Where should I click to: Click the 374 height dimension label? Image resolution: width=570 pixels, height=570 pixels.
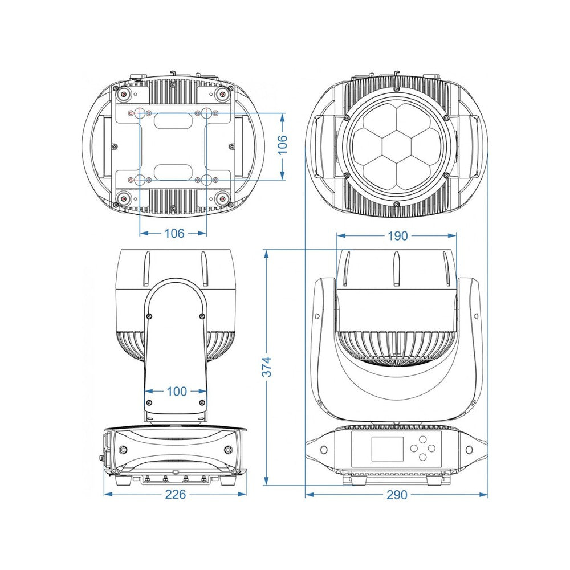click(267, 367)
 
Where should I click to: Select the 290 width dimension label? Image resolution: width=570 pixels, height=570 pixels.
click(397, 495)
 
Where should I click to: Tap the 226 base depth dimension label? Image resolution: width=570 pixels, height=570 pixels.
click(175, 494)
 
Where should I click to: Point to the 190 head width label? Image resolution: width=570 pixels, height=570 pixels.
click(397, 236)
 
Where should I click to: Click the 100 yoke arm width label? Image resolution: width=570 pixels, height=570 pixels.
click(177, 391)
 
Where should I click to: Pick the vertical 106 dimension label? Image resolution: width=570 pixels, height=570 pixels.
click(283, 144)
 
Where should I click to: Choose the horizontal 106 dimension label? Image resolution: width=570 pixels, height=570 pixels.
click(174, 233)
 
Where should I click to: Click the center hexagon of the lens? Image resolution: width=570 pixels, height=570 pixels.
click(397, 145)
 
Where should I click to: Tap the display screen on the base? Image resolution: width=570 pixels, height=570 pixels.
click(387, 449)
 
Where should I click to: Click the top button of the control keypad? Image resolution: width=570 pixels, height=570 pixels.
click(422, 439)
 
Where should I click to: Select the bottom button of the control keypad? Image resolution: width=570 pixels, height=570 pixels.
click(422, 457)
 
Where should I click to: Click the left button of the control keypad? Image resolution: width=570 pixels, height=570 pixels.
click(414, 448)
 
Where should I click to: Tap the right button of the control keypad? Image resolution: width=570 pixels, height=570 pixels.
click(431, 448)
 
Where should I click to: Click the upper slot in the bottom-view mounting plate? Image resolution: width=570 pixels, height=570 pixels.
click(173, 120)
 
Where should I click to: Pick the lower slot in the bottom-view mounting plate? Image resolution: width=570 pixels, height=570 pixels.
click(173, 172)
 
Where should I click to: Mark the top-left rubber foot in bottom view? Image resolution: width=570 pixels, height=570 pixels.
click(124, 95)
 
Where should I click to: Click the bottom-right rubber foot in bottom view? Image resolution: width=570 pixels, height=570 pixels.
click(222, 199)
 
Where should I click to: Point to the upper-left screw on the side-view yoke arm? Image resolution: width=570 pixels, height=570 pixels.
click(149, 316)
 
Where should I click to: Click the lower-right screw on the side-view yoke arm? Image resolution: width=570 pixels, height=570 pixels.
click(202, 402)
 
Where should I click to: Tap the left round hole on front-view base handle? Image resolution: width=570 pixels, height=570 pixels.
click(324, 450)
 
